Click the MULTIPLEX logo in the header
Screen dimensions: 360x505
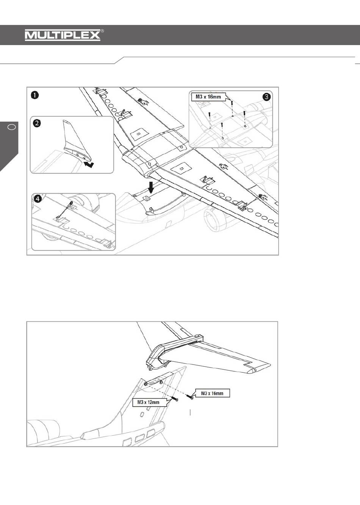(63, 35)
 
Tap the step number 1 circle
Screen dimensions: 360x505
(35, 95)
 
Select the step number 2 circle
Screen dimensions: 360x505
(37, 123)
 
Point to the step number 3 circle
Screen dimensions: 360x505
(266, 97)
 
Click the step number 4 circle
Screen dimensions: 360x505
(38, 199)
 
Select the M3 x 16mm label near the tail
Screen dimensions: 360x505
(212, 393)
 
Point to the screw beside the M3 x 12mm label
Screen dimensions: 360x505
(175, 399)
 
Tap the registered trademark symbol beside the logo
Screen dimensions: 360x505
(102, 31)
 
